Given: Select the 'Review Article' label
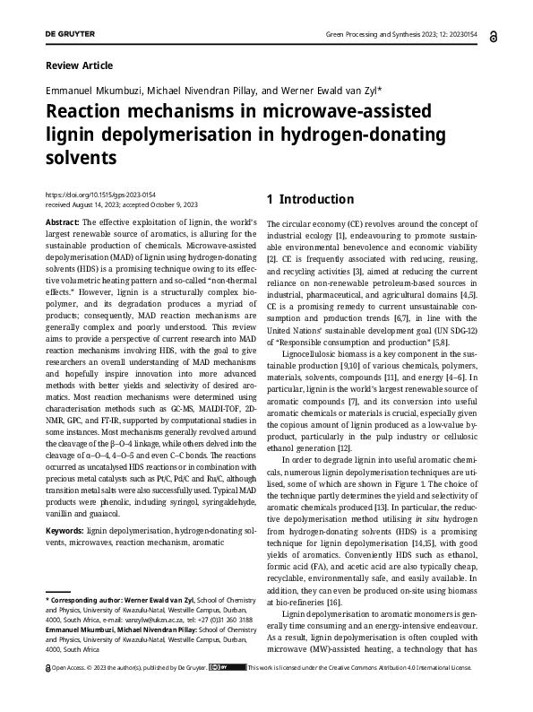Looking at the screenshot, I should pyautogui.click(x=79, y=65).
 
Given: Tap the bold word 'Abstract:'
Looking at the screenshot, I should pyautogui.click(x=62, y=221).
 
